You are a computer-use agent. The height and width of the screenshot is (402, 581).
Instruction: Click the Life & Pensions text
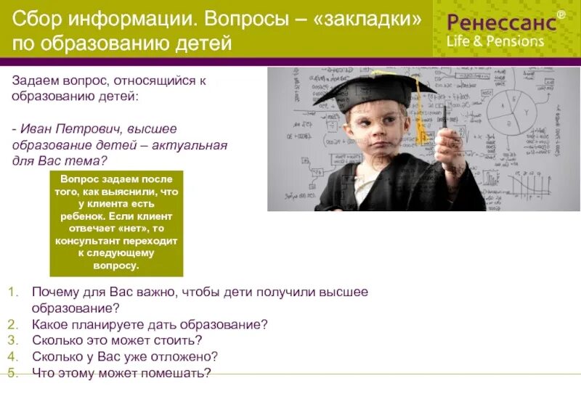(x=495, y=41)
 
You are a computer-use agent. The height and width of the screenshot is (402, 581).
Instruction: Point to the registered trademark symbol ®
(x=560, y=14)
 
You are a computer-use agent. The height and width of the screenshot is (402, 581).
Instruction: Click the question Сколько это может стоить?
(x=117, y=340)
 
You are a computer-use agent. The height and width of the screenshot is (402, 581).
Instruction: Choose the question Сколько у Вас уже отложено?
(x=125, y=357)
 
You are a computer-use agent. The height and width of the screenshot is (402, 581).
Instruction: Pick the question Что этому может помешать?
(x=121, y=374)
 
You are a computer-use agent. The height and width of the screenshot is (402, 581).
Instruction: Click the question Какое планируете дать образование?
(x=150, y=324)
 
